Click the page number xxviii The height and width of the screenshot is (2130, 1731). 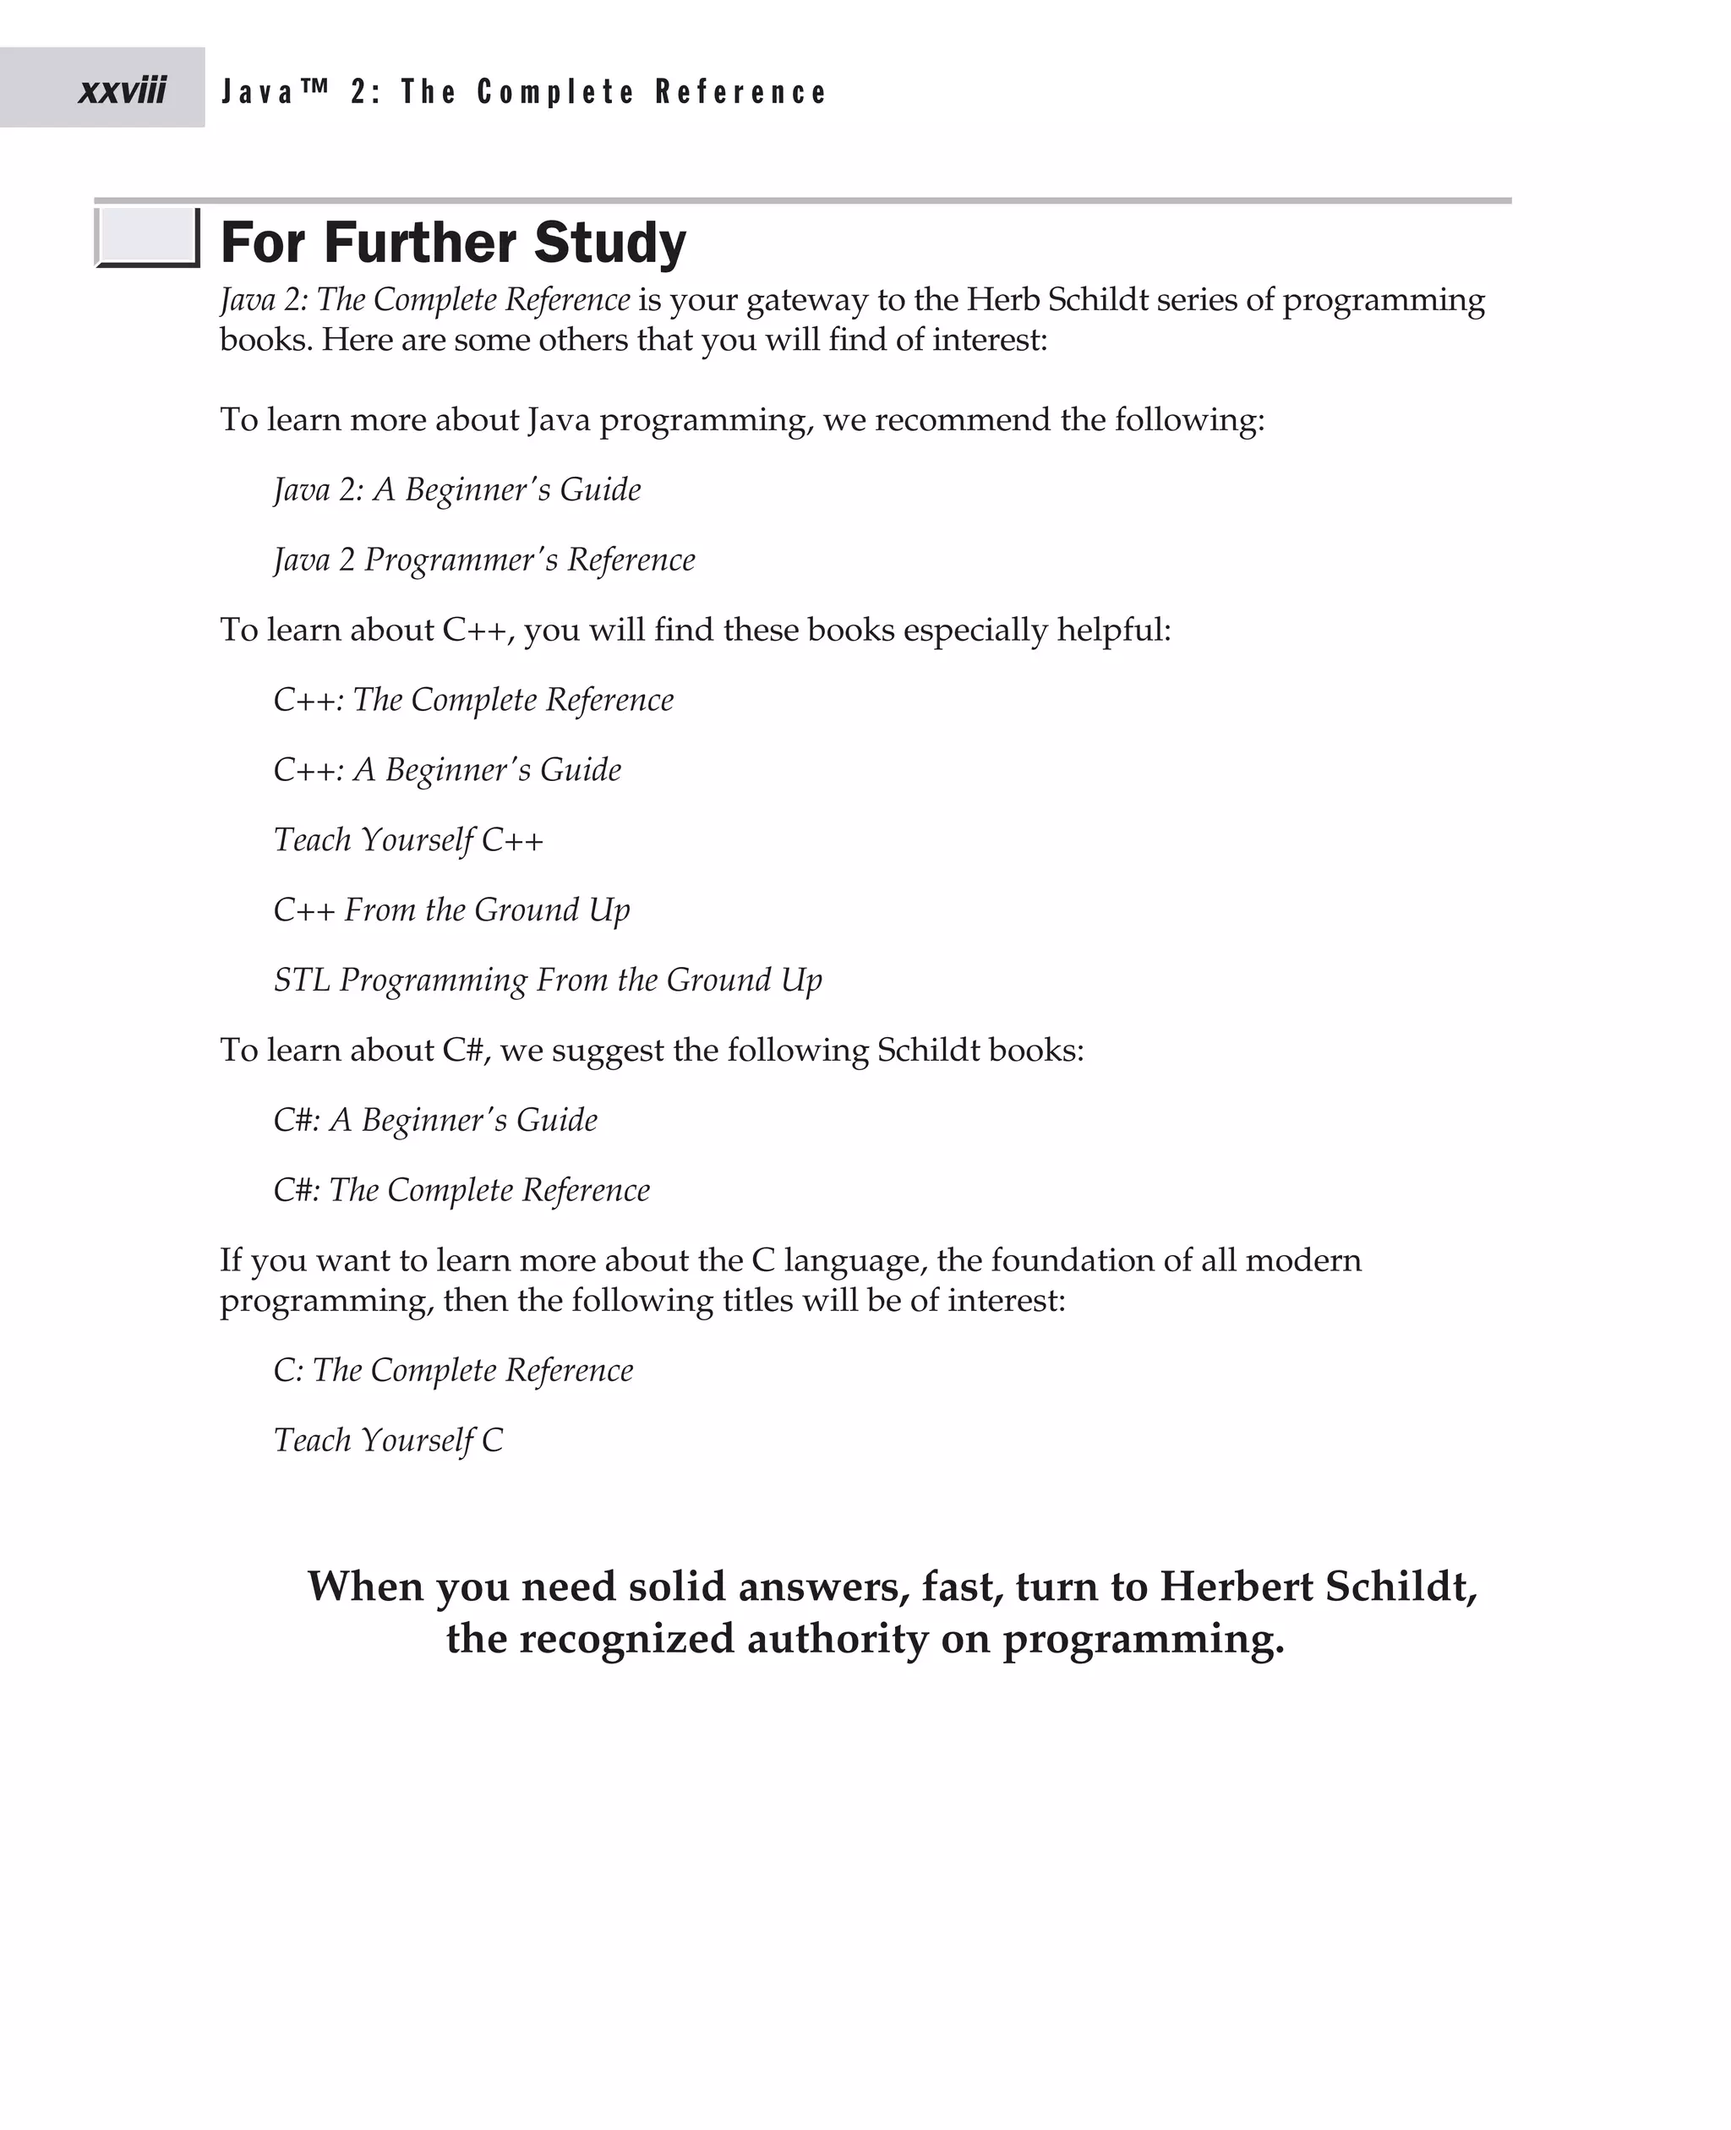pos(122,90)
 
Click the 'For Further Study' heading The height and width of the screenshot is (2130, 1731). pos(453,243)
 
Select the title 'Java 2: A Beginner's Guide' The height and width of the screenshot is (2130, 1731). pos(456,489)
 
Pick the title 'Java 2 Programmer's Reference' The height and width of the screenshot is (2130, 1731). pos(483,560)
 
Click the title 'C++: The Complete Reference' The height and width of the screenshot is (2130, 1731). pos(472,700)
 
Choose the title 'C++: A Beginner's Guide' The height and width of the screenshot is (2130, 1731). pos(447,770)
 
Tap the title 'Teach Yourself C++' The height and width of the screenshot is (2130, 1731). pos(408,841)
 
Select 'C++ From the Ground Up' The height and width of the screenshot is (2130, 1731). pos(450,910)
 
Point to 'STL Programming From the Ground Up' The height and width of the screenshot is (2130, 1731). pos(548,980)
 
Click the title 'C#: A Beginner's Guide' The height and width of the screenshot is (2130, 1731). pos(434,1120)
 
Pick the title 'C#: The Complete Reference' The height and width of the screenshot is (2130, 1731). pos(461,1189)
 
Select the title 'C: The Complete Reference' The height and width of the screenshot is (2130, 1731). pos(453,1370)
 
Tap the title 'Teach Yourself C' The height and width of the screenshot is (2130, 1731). pos(388,1440)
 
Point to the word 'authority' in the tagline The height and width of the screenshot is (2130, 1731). pos(838,1640)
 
